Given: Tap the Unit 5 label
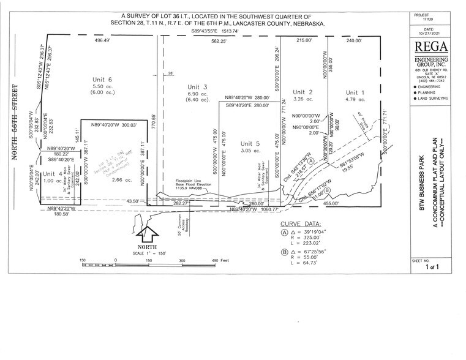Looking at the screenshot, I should [250, 143].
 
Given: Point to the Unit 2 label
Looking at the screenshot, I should [303, 92].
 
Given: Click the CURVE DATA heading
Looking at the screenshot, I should [300, 224].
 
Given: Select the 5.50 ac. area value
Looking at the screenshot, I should [102, 88].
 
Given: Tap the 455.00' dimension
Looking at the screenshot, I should [332, 204].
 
